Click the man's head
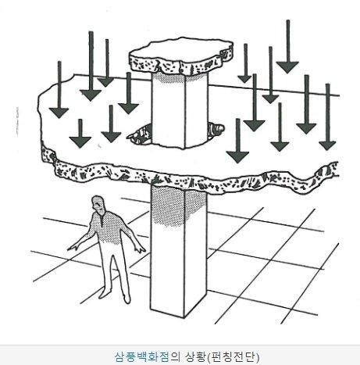[x=98, y=204]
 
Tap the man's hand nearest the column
[x=141, y=249]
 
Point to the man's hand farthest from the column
[x=73, y=247]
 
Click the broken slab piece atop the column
[x=181, y=55]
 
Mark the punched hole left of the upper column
[x=139, y=134]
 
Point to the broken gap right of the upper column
[x=216, y=128]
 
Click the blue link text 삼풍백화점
[x=142, y=356]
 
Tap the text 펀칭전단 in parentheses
[x=232, y=356]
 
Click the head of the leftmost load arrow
[x=59, y=113]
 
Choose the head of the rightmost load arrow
[x=327, y=145]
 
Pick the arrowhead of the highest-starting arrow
[x=287, y=67]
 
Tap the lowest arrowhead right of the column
[x=237, y=157]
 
